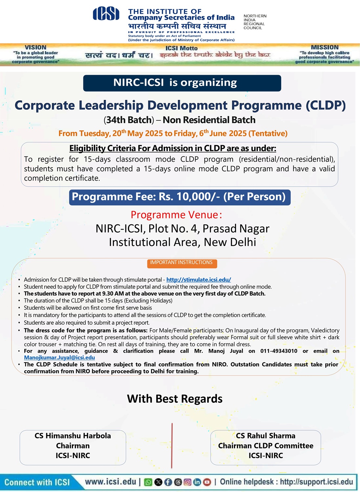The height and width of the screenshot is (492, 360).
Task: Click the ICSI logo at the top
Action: click(x=106, y=14)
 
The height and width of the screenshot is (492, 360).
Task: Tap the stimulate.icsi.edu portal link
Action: click(x=199, y=280)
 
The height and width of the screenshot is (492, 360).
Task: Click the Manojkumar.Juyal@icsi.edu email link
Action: click(x=59, y=358)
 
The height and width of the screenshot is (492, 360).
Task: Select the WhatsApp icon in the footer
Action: click(x=148, y=482)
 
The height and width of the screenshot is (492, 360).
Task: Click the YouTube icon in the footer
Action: click(x=207, y=482)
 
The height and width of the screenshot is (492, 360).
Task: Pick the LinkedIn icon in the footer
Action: click(x=197, y=482)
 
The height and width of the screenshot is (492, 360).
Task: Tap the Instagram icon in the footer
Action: click(x=187, y=482)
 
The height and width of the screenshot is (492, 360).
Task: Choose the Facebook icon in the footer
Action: click(x=168, y=482)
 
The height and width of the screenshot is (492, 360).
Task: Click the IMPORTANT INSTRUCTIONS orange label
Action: click(x=181, y=263)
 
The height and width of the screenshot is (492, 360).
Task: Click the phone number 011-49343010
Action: click(x=279, y=351)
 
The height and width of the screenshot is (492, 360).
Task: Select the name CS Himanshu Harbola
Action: click(x=73, y=436)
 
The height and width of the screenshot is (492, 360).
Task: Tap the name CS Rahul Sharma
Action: click(x=265, y=436)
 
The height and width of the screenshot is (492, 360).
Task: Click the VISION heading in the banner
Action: click(x=35, y=48)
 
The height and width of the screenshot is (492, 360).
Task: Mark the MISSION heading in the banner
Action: click(x=324, y=48)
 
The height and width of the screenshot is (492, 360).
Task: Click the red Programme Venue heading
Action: click(x=176, y=215)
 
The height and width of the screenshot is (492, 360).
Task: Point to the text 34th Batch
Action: click(x=130, y=120)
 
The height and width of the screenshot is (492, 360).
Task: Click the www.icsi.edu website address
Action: click(x=111, y=482)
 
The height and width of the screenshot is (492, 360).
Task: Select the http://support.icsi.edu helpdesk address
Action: click(x=316, y=482)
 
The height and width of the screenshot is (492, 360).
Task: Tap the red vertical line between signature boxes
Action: click(x=172, y=446)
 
